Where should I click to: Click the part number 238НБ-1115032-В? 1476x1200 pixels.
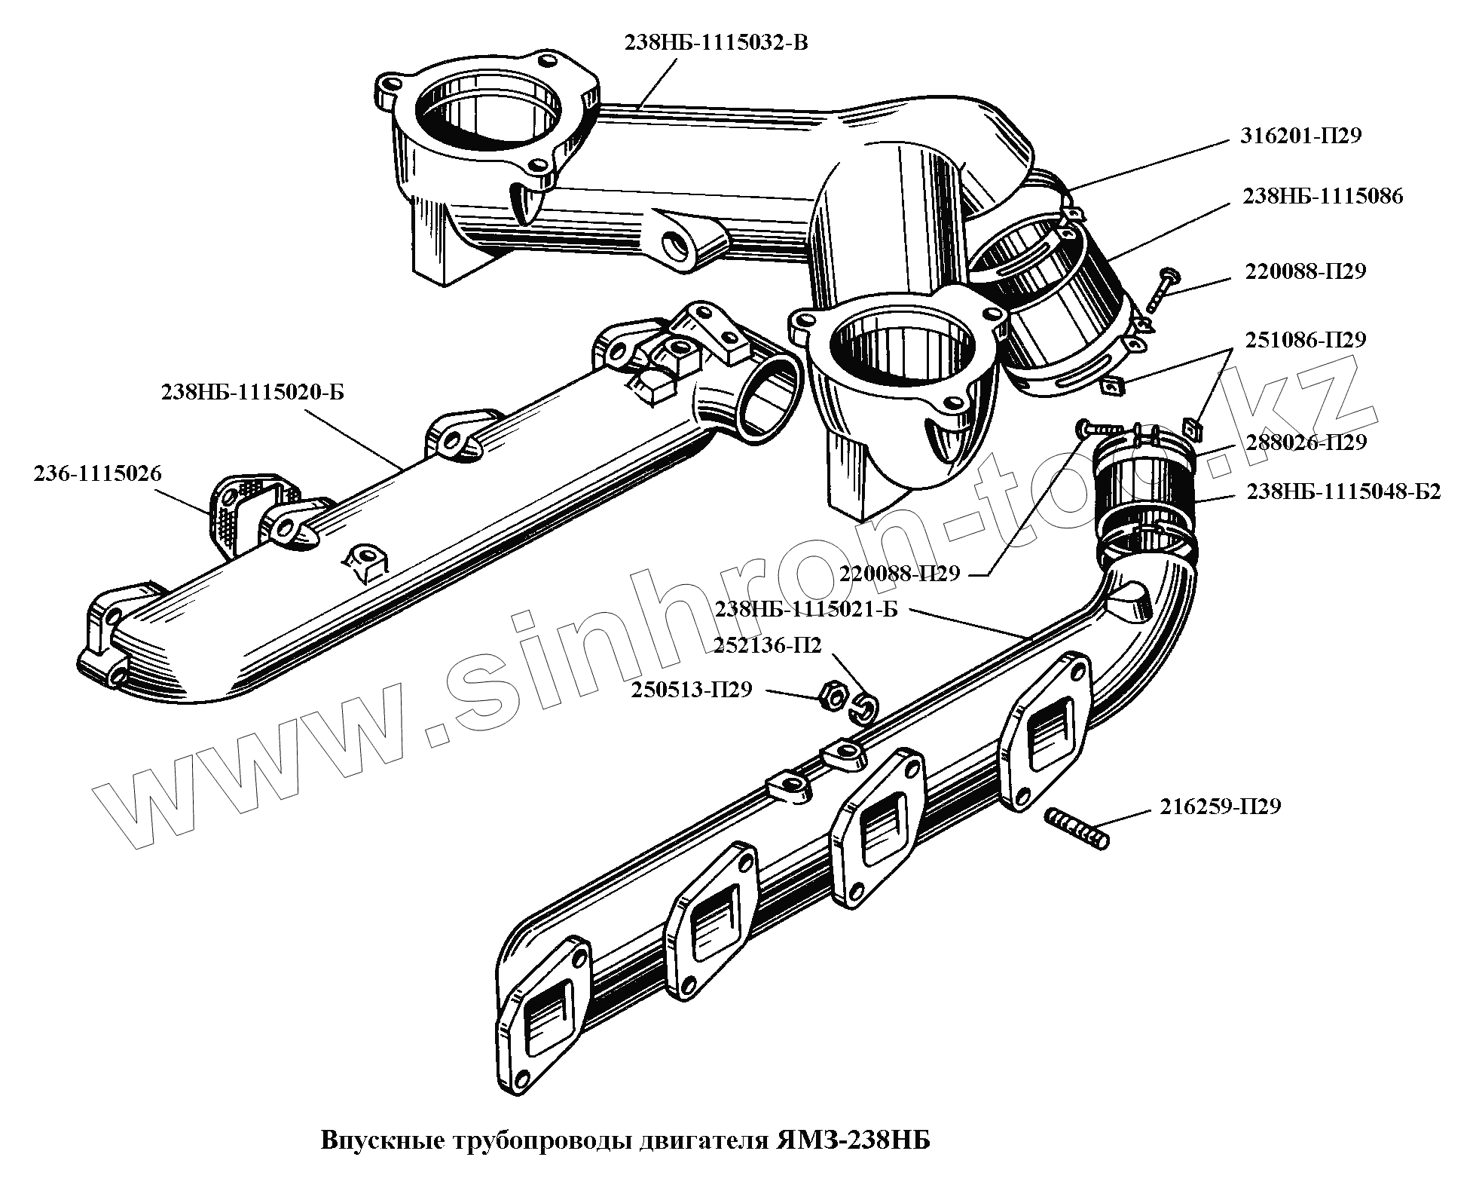[x=715, y=42]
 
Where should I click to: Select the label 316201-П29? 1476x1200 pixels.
[x=1300, y=136]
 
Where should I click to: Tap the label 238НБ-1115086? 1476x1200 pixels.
[x=1323, y=197]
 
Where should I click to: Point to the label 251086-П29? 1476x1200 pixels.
[x=1304, y=340]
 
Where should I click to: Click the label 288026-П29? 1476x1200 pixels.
[x=1305, y=442]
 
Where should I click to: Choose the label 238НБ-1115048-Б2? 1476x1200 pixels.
[x=1343, y=492]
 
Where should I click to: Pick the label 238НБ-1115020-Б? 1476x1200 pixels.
[x=252, y=393]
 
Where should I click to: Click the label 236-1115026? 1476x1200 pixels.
[x=97, y=473]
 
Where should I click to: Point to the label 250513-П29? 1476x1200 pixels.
[x=691, y=689]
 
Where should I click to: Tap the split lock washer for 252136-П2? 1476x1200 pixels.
[x=867, y=705]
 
